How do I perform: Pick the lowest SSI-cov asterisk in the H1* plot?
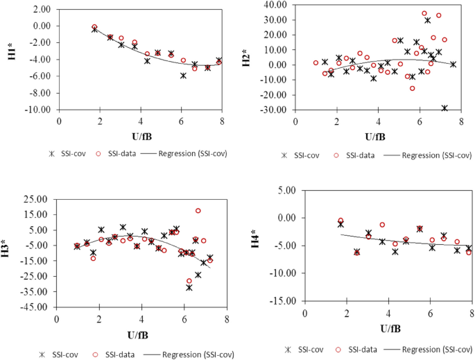[x=183, y=76]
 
